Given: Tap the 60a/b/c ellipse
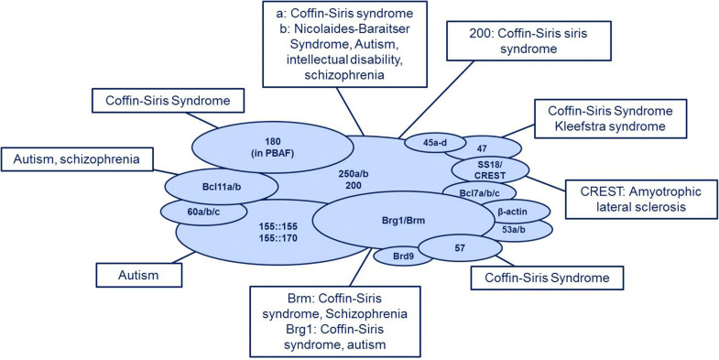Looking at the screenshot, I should (191, 213).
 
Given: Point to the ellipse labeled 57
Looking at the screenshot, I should (460, 247).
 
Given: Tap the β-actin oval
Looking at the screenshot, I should (511, 211).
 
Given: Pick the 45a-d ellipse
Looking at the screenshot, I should (430, 142).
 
